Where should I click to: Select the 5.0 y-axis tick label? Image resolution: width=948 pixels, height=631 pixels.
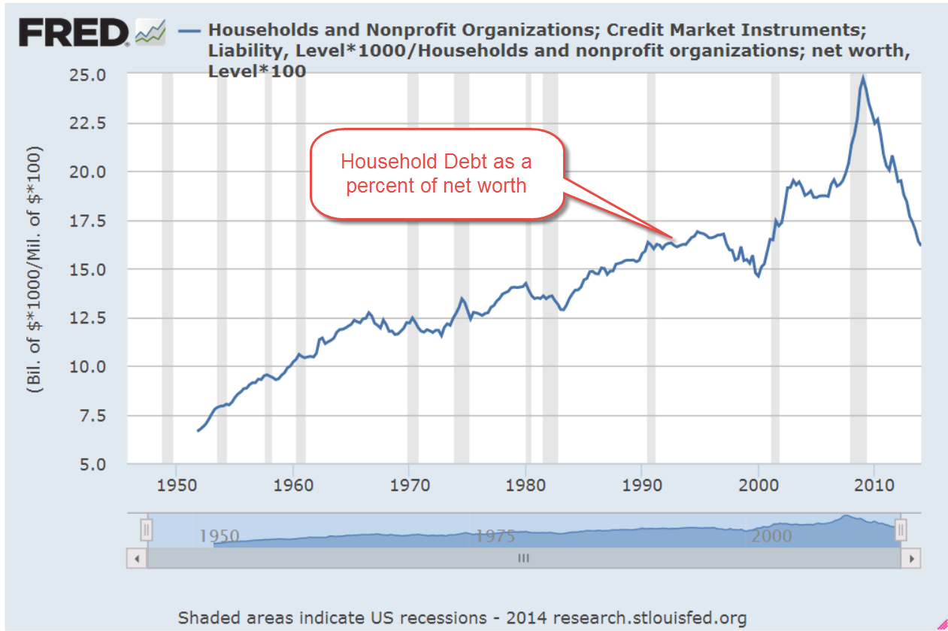coord(108,463)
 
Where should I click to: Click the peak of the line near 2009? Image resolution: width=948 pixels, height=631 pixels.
coord(863,77)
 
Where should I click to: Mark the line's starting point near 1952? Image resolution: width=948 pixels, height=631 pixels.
coord(198,431)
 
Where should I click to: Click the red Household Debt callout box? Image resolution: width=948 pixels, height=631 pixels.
coord(437,174)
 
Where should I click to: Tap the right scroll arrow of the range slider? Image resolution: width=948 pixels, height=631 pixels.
coord(911,559)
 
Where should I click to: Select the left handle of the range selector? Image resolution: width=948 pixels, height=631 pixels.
coord(147,530)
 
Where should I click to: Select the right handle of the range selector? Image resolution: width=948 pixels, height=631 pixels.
coord(900,530)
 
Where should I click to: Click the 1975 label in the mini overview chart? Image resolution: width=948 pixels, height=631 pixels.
coord(495,535)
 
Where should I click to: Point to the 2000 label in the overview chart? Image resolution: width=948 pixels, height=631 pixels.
coord(771,535)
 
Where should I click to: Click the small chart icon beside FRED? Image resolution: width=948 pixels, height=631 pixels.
coord(150,32)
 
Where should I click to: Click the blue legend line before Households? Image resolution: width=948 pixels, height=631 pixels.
coord(190,31)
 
